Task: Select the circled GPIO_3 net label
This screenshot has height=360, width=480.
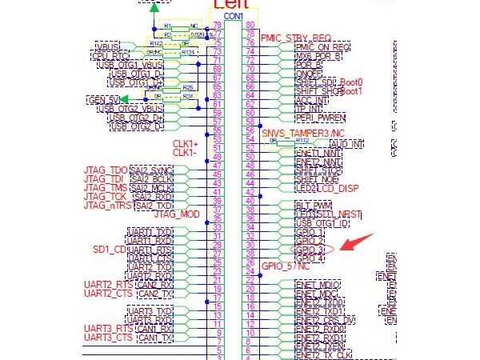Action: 310,250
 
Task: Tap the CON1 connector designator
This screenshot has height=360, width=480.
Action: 234,16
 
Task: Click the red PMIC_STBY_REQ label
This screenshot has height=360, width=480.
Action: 295,38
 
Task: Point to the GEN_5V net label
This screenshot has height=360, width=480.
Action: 102,99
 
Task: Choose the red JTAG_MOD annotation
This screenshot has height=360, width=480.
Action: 177,214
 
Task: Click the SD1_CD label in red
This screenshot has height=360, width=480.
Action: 109,250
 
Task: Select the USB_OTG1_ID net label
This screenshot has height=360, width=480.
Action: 320,223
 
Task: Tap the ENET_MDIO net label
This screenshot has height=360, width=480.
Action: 318,285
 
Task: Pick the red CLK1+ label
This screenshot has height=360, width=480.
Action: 186,143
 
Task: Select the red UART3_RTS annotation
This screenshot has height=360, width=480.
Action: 108,329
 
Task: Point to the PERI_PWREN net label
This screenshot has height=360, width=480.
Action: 320,118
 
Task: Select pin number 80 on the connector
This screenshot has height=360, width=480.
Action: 251,26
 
